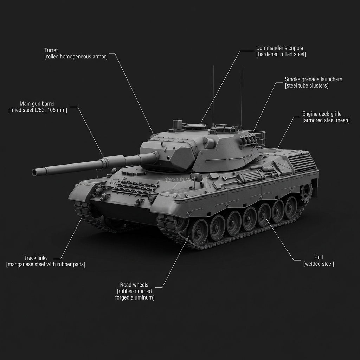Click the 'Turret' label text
point(51,50)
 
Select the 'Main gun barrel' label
point(38,104)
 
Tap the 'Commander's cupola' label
point(279,48)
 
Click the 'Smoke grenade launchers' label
point(313,79)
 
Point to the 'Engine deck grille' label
point(322,114)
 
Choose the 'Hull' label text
point(319,257)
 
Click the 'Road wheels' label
point(134,285)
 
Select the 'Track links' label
point(36,258)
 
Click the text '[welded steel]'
point(319,264)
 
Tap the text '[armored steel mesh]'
point(326,121)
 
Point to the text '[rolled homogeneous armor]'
point(76,57)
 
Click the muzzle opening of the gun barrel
point(34,172)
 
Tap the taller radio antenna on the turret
point(242,95)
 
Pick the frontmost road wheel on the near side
point(200,231)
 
